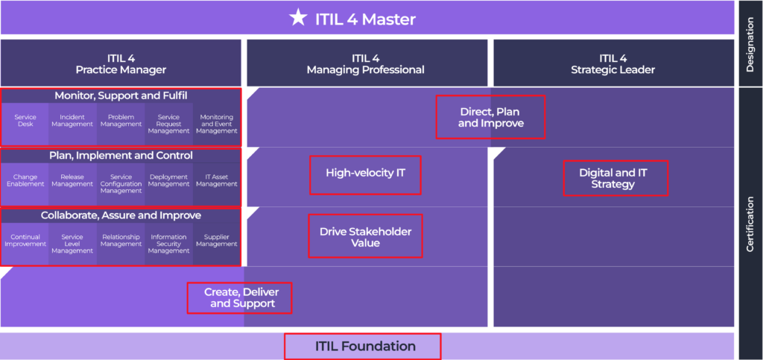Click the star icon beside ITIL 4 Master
point(298,19)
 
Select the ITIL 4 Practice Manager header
point(121,64)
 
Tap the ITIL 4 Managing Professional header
point(365,64)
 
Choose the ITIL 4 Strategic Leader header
point(612,64)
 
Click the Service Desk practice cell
point(25,121)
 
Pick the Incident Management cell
point(72,121)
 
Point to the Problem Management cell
point(121,121)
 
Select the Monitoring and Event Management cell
point(216,124)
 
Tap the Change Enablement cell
point(25,180)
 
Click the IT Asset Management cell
point(216,180)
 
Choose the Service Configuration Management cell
point(121,183)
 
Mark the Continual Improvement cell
point(25,241)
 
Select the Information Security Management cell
point(168,244)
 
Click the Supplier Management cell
point(216,241)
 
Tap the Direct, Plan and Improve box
point(490,117)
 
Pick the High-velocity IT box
point(365,174)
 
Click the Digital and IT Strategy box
point(615,178)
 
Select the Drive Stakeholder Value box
point(365,236)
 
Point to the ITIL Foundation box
point(363,346)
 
